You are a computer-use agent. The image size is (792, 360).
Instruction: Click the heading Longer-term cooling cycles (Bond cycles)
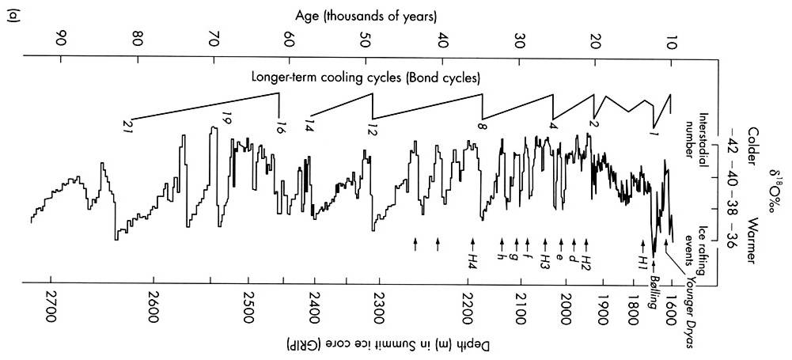point(368,78)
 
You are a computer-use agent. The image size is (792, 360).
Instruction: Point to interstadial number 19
point(225,120)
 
